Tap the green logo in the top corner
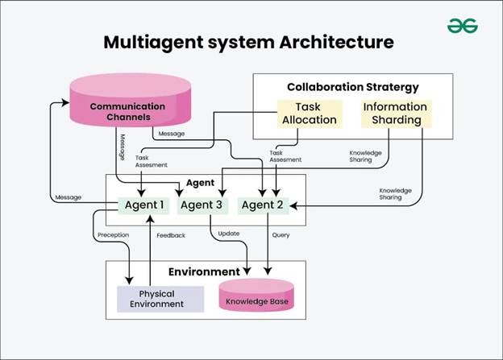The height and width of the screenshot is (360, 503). pyautogui.click(x=463, y=25)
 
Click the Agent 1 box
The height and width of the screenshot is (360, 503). pyautogui.click(x=144, y=205)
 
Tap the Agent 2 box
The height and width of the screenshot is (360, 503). pyautogui.click(x=264, y=205)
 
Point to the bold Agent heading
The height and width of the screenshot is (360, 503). pyautogui.click(x=205, y=183)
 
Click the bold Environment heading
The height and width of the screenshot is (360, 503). pyautogui.click(x=204, y=271)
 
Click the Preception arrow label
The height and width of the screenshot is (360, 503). pyautogui.click(x=113, y=235)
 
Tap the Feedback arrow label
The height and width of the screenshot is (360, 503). pyautogui.click(x=171, y=235)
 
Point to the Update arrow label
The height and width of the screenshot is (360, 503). pyautogui.click(x=228, y=234)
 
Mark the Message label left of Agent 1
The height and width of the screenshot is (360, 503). pyautogui.click(x=68, y=197)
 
